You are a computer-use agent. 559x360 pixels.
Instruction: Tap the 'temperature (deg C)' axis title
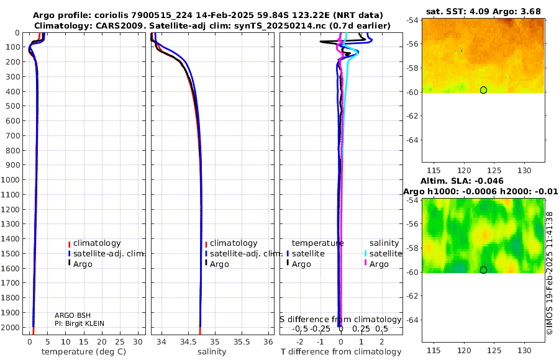[x=84, y=352]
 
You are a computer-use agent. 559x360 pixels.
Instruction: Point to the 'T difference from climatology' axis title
[x=341, y=352]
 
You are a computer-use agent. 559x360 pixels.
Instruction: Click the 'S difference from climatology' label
[x=340, y=320]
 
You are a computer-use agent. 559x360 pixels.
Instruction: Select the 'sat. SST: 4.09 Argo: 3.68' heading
[x=483, y=11]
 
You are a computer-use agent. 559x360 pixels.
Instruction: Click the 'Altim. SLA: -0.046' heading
[x=462, y=181]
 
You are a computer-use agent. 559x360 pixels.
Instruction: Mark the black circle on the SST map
[x=483, y=90]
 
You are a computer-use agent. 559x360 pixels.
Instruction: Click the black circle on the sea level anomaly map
[x=483, y=270]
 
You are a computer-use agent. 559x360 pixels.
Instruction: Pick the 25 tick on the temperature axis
[x=120, y=342]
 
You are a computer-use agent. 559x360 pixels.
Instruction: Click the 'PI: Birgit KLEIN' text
[x=80, y=323]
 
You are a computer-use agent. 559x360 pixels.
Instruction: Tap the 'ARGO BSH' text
[x=73, y=315]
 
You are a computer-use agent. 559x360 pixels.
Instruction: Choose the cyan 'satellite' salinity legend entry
[x=383, y=254]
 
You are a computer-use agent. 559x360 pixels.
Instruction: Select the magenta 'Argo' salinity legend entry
[x=376, y=264]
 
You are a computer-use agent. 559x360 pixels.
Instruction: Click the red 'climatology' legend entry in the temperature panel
[x=94, y=243]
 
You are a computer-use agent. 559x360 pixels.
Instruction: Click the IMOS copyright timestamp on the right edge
[x=550, y=273]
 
